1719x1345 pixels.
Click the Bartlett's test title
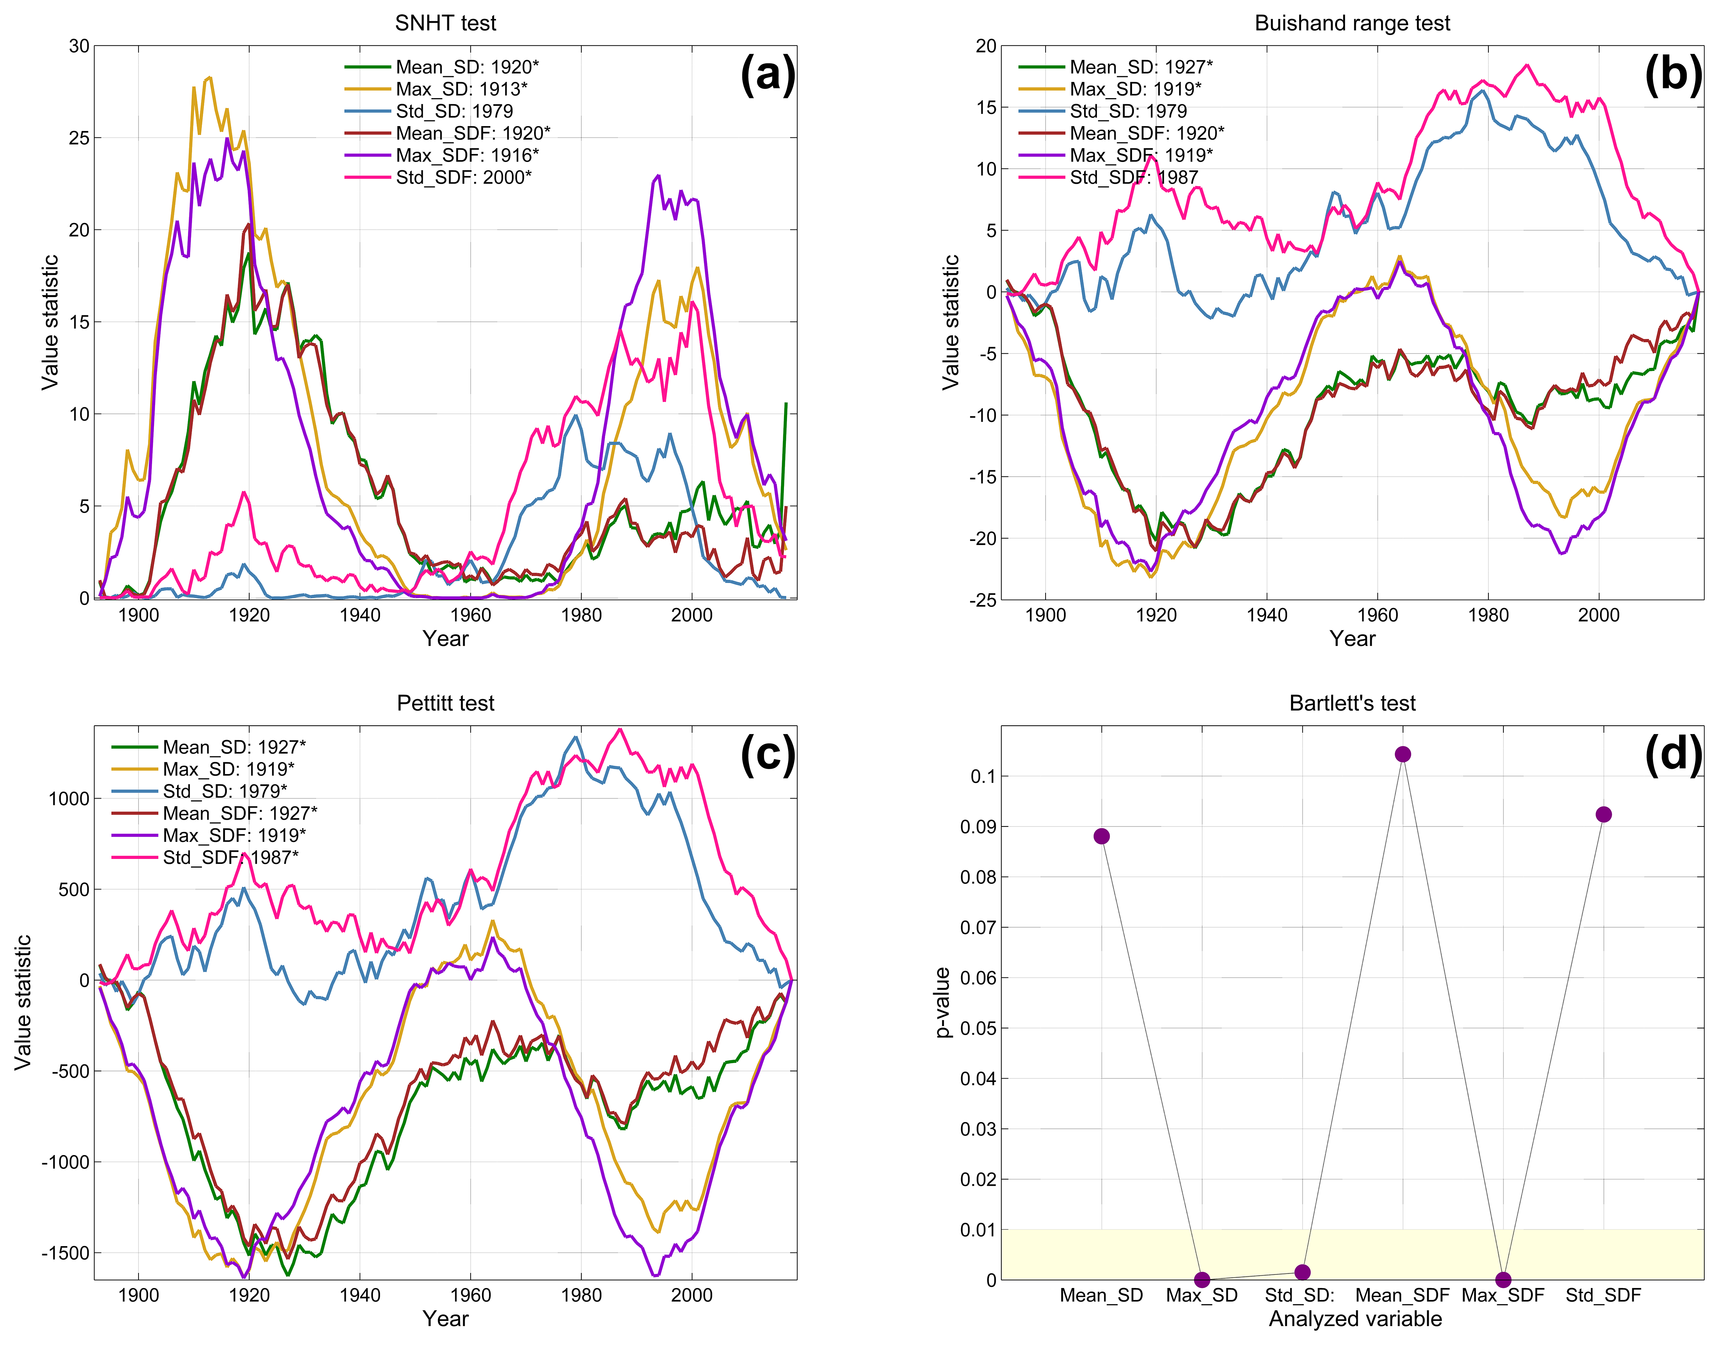point(1352,703)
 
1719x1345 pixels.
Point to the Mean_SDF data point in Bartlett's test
point(1402,754)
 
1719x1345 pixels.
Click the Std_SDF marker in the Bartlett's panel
point(1603,814)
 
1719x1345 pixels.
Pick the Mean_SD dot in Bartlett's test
point(1101,836)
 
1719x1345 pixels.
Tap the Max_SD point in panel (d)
point(1201,1280)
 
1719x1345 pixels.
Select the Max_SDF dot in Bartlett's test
point(1503,1280)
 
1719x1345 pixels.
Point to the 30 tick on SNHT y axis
point(79,46)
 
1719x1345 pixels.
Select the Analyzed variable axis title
point(1355,1319)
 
